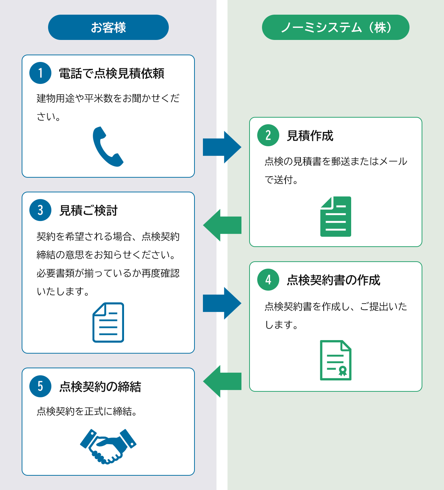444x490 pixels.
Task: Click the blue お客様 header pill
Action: point(108,27)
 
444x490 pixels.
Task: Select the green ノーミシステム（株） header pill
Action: point(335,27)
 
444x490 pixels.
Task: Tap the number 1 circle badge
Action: point(40,73)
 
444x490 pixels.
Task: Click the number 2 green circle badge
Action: point(268,135)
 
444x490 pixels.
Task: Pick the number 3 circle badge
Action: point(40,210)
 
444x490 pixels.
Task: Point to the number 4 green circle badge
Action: point(268,280)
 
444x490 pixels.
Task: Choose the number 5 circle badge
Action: point(40,386)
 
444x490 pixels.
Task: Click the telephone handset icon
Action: point(108,147)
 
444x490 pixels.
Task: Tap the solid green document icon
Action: point(335,217)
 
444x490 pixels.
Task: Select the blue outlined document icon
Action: point(108,323)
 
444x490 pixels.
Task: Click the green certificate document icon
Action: point(335,360)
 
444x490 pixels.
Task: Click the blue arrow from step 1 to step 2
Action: point(222,147)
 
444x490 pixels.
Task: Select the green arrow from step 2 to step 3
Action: point(222,225)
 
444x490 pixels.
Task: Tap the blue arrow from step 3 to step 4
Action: point(222,303)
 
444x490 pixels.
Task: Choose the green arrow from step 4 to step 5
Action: point(222,381)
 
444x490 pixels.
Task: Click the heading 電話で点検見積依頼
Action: point(112,73)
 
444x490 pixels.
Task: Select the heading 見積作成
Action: point(310,136)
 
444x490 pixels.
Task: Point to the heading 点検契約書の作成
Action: point(334,280)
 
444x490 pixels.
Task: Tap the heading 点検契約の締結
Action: point(100,386)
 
